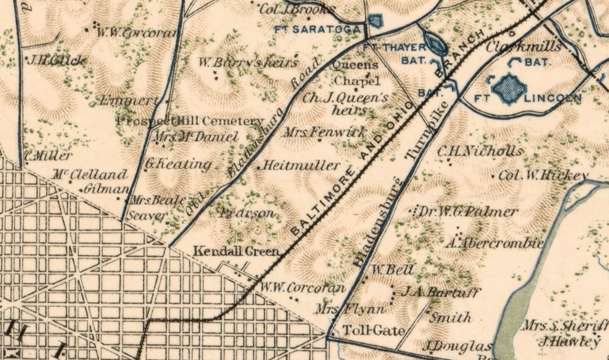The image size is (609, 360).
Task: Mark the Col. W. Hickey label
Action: pos(541,176)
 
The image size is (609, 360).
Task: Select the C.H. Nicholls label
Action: pos(480,150)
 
